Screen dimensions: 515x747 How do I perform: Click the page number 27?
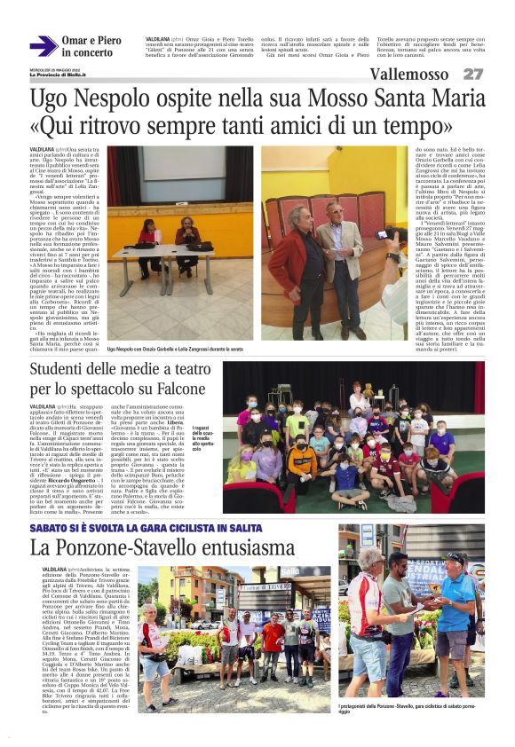474,74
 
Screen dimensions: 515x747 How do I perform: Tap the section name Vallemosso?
408,74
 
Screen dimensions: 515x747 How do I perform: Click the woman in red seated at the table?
148,236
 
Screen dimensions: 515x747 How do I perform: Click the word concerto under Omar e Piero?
87,53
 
